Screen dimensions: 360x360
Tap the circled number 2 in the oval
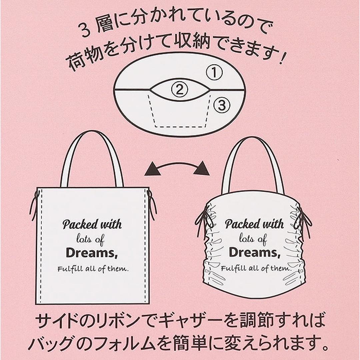(x=179, y=89)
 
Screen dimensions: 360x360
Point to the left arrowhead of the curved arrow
(x=152, y=170)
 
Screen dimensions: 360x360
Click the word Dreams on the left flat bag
(x=92, y=253)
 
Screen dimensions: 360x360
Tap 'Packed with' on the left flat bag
(x=92, y=224)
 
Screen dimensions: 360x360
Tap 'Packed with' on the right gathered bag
(x=254, y=224)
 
